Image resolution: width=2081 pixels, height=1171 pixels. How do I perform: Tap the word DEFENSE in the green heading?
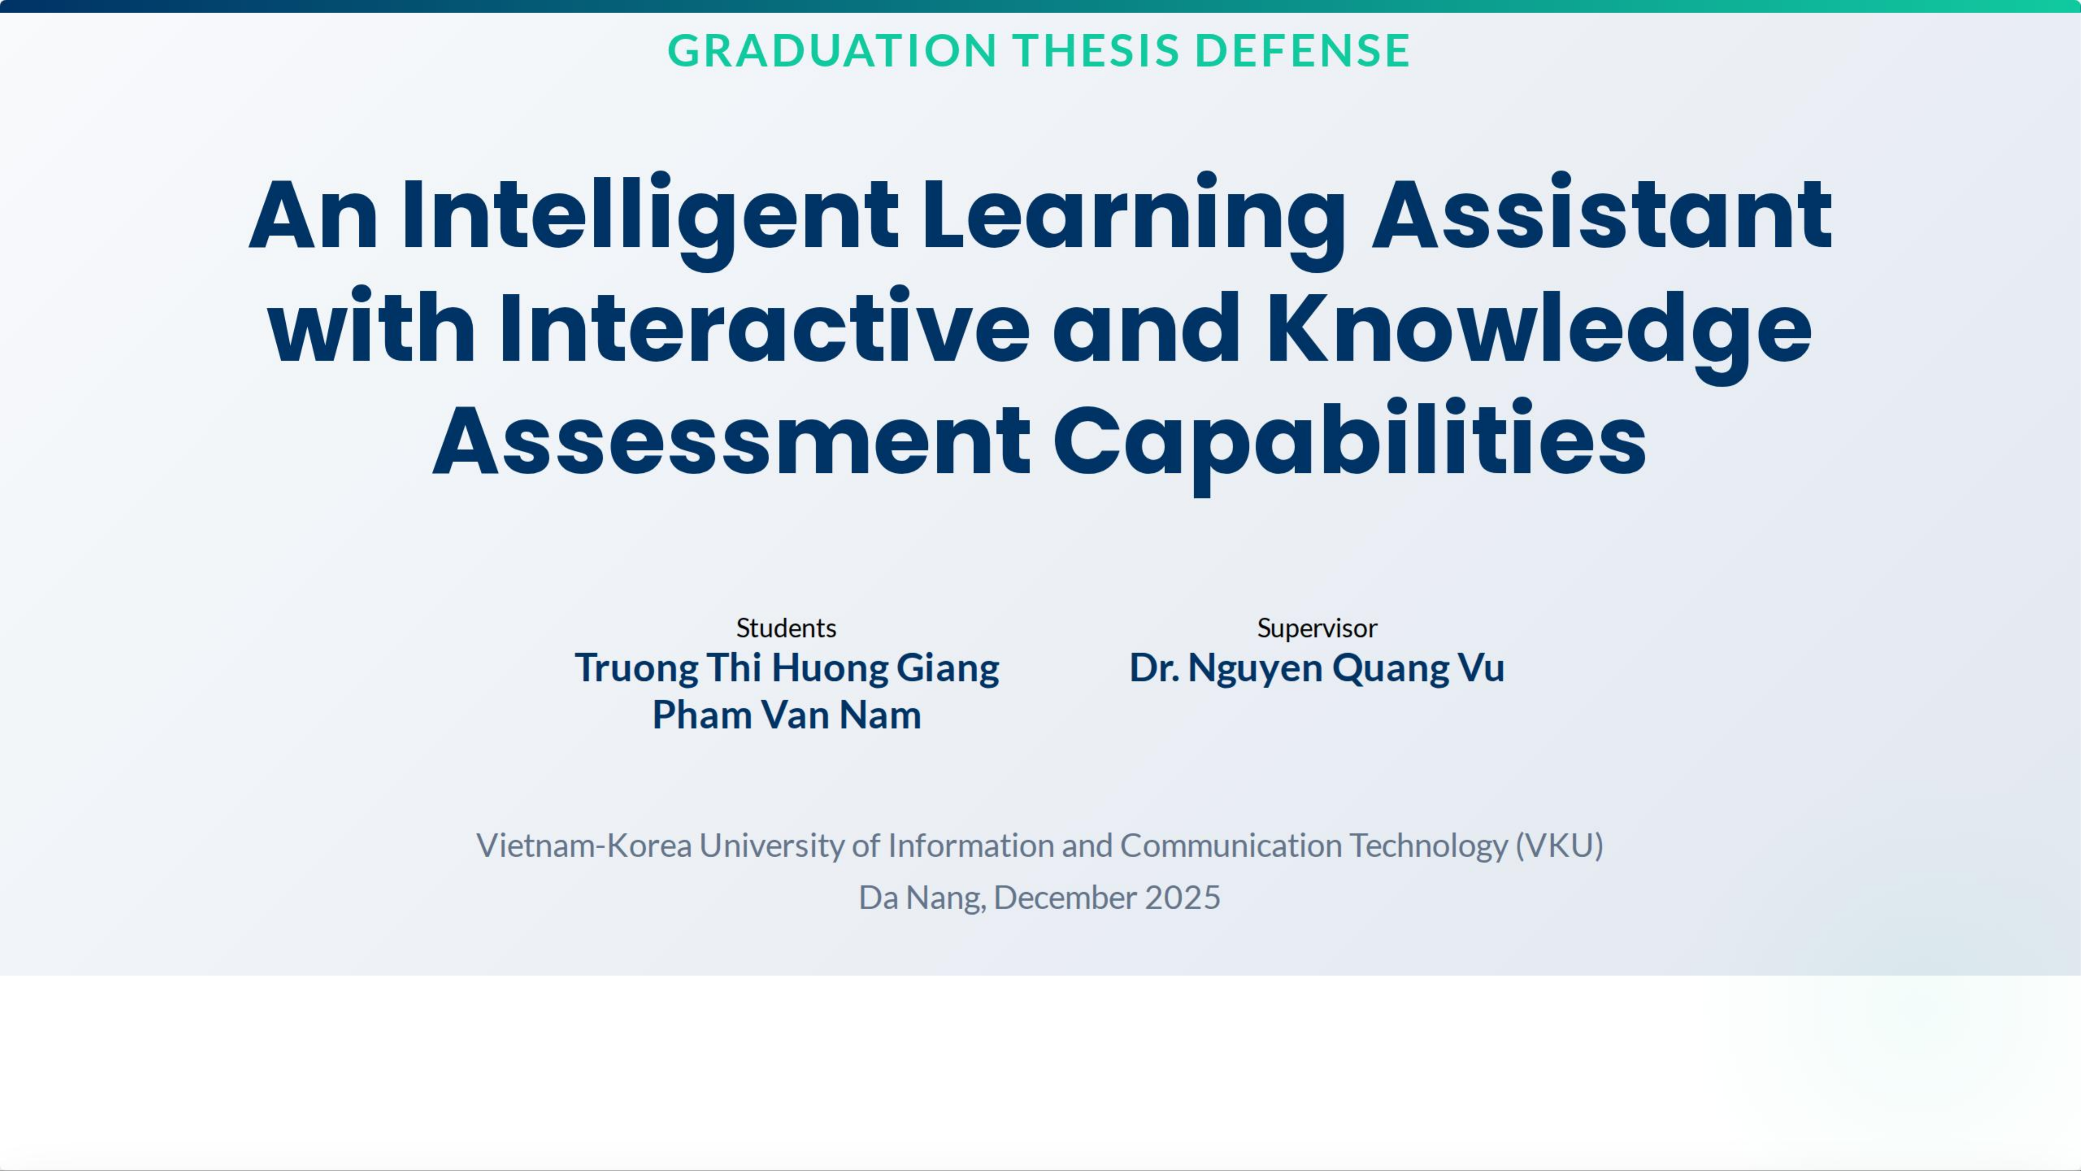coord(1302,50)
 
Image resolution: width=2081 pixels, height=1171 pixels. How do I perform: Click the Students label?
coord(786,628)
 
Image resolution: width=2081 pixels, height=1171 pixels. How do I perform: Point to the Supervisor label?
coord(1317,628)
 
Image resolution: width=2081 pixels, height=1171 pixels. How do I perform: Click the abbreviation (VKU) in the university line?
coord(1559,845)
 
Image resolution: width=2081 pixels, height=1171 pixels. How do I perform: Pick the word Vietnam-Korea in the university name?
coord(584,845)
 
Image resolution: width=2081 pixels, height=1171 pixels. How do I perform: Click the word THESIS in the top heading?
coord(1097,50)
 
